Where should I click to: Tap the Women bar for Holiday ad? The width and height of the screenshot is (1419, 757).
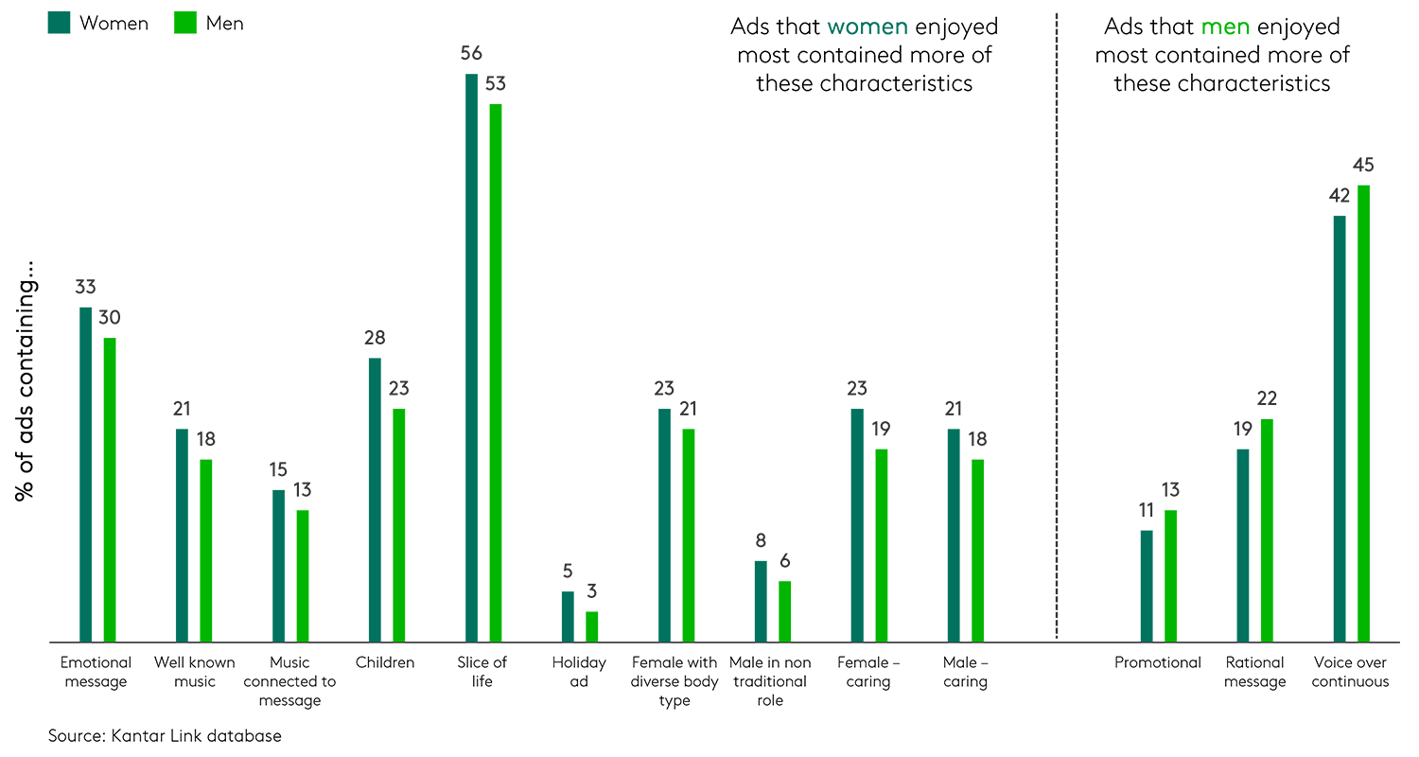click(x=568, y=617)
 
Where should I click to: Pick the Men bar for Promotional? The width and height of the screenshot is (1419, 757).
click(x=1170, y=576)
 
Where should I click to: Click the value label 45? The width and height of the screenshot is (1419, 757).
click(x=1363, y=166)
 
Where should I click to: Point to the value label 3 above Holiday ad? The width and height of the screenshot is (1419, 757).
click(x=591, y=592)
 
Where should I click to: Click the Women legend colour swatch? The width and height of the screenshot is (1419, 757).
click(x=59, y=23)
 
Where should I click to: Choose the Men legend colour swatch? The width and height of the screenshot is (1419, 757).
click(x=185, y=23)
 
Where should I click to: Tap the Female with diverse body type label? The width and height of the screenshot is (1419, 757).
click(x=674, y=681)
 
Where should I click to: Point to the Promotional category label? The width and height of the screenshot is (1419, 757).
click(x=1158, y=662)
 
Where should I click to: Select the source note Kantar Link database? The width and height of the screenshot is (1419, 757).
click(x=165, y=735)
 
